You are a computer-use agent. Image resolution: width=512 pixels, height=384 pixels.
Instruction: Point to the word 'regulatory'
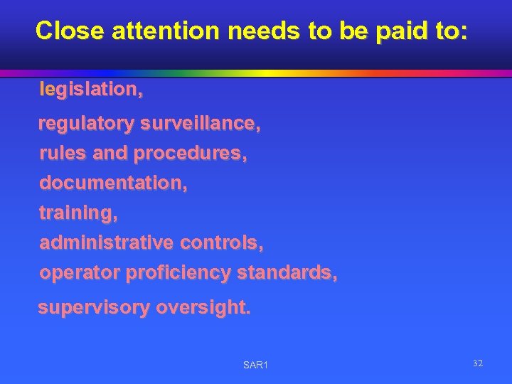(x=86, y=124)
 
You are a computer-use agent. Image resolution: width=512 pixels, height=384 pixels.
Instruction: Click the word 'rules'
(x=61, y=153)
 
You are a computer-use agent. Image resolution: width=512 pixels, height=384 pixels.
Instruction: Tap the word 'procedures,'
(x=191, y=153)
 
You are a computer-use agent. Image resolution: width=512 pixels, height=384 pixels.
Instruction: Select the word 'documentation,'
(x=114, y=183)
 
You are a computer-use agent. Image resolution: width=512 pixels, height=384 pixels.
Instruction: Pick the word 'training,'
(x=78, y=213)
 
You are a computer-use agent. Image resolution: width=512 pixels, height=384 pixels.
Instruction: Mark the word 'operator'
(x=79, y=272)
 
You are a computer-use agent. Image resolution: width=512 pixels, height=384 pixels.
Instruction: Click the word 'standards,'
(x=287, y=272)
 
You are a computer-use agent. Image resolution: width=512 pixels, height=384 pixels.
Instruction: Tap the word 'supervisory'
(x=94, y=308)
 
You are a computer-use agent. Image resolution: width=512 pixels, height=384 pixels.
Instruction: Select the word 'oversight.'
(x=203, y=308)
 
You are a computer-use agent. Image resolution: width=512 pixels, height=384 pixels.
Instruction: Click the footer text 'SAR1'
(x=255, y=365)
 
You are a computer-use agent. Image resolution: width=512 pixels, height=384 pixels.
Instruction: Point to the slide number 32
(x=478, y=363)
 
